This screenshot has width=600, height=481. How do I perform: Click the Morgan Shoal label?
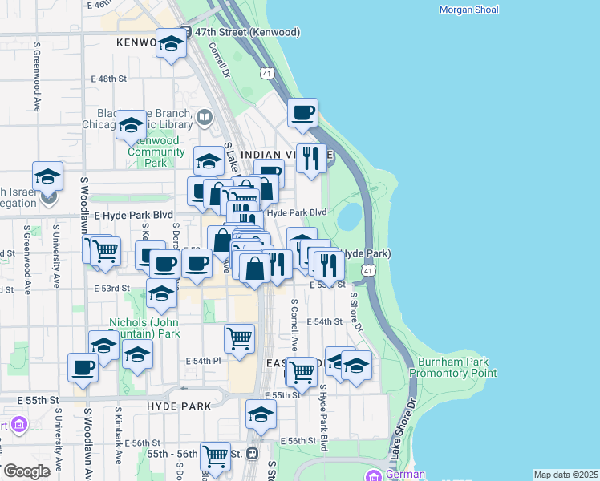click(x=469, y=10)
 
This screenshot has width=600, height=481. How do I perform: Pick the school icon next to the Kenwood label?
click(x=171, y=45)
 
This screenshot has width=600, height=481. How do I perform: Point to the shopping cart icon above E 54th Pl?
click(x=239, y=339)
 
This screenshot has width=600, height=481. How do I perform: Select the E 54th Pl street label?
click(x=204, y=362)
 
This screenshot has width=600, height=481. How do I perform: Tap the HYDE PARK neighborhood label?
click(x=179, y=406)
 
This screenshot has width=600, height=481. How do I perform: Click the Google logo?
click(x=26, y=471)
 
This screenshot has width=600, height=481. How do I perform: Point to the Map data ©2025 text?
click(x=565, y=475)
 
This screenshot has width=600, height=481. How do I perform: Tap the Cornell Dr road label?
click(x=219, y=59)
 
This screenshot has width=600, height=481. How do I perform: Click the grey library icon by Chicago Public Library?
click(x=205, y=119)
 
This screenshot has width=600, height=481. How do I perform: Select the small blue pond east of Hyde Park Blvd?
click(x=350, y=216)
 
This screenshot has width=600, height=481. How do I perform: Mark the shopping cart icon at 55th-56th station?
click(x=215, y=456)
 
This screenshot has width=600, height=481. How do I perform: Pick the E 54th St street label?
click(x=327, y=321)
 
